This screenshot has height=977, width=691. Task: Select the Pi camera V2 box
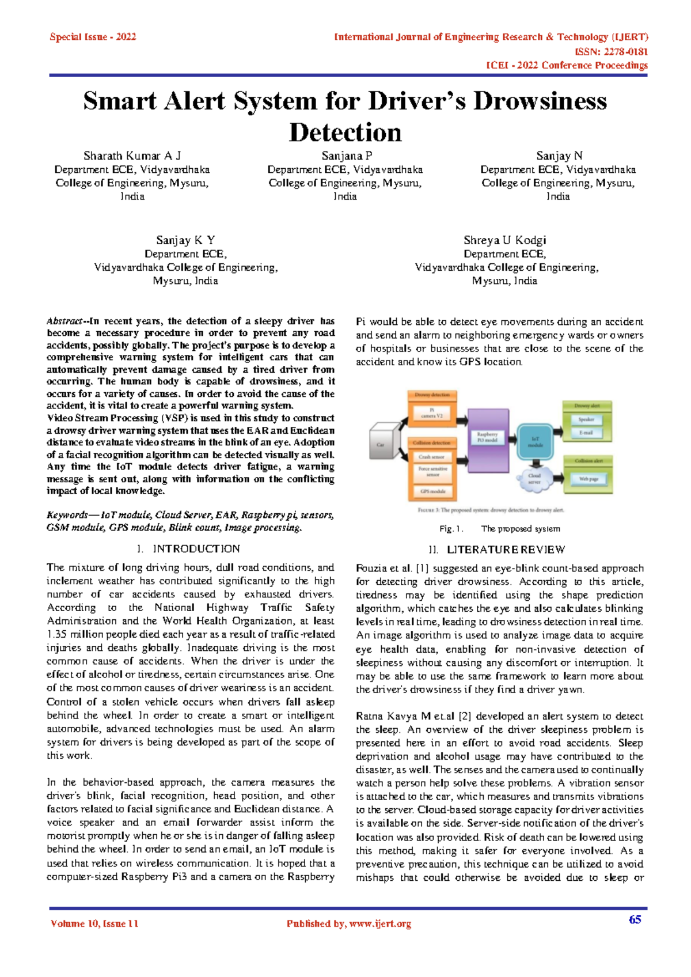432,413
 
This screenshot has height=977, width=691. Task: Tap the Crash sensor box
432,457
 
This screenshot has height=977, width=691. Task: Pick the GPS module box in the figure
432,492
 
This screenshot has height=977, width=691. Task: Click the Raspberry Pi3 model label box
487,437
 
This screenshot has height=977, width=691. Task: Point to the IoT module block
535,442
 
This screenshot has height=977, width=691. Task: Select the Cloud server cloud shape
534,479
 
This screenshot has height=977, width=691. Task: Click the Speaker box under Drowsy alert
586,419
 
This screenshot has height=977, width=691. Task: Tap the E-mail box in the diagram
586,433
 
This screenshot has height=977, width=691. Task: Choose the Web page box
589,479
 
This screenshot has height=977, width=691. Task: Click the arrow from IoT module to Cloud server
535,463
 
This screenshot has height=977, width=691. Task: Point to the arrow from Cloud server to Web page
557,479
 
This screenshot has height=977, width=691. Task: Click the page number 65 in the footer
635,919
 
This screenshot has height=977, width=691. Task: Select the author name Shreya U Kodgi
504,240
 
